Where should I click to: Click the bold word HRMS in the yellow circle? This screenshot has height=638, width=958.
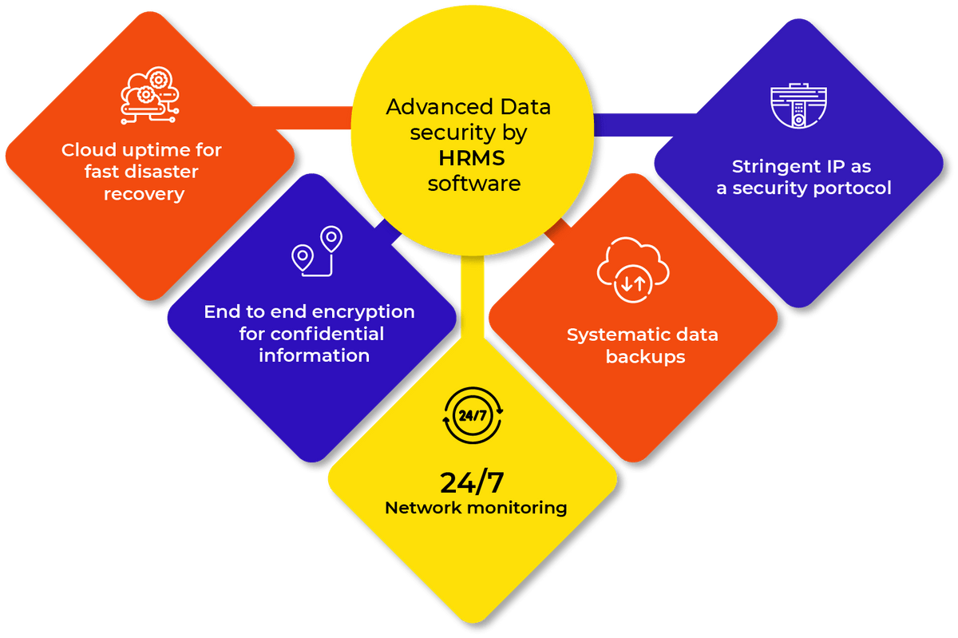473,158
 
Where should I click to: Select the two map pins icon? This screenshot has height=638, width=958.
316,251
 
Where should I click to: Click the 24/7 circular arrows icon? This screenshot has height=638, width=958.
473,415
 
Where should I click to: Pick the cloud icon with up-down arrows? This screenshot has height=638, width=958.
633,272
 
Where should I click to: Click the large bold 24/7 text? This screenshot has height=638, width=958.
473,482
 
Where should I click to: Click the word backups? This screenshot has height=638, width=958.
645,357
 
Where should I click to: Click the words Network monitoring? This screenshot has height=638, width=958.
476,508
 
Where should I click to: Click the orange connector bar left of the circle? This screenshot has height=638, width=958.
312,117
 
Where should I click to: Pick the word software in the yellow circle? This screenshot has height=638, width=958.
473,184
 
